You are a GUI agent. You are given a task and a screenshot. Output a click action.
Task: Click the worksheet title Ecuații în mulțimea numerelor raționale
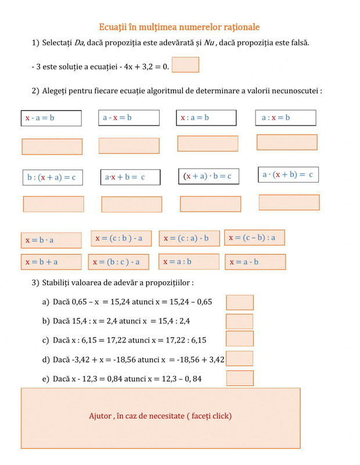click(x=179, y=27)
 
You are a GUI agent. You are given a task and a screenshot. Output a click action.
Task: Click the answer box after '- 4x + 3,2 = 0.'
click(x=185, y=65)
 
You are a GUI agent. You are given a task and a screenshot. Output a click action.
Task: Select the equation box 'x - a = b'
click(x=51, y=118)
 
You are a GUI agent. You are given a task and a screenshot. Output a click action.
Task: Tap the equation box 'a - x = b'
click(x=129, y=117)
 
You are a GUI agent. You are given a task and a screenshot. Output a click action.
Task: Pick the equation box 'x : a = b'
click(x=206, y=117)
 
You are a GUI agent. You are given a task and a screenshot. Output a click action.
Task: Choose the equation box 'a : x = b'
click(x=286, y=117)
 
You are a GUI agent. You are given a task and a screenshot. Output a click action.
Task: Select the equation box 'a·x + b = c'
click(x=130, y=177)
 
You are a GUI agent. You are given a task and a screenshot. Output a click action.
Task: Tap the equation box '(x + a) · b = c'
click(x=208, y=176)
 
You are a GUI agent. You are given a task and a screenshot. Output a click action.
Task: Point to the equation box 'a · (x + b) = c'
click(x=288, y=174)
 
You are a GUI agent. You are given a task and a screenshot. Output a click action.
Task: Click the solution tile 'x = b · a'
click(x=51, y=240)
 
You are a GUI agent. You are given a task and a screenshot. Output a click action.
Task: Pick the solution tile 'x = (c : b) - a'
click(x=121, y=238)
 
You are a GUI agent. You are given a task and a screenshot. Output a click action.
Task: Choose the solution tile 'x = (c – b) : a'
click(x=254, y=237)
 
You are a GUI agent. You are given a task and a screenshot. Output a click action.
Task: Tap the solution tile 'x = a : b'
click(x=189, y=262)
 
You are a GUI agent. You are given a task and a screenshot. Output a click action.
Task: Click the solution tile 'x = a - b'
click(x=255, y=262)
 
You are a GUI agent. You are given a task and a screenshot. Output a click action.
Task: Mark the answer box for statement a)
click(x=239, y=302)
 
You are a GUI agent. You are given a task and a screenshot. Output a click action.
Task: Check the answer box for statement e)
click(x=240, y=378)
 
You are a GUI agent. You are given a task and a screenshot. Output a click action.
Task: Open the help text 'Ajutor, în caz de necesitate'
click(x=160, y=416)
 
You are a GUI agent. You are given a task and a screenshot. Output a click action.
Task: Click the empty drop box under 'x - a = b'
click(x=52, y=146)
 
